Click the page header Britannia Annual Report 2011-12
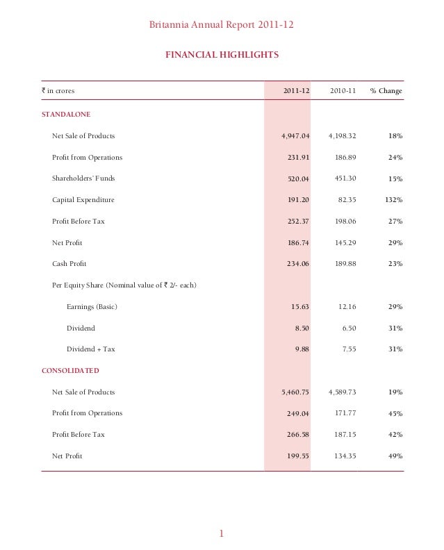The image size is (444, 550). click(222, 26)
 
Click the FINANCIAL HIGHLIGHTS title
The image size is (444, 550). click(222, 54)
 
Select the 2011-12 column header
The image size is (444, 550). click(297, 91)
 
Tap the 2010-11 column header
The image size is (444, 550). click(343, 91)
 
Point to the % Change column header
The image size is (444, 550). click(386, 91)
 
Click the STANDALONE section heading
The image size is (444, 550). click(66, 113)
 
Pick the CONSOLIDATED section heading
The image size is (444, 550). click(70, 371)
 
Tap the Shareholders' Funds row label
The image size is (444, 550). click(83, 178)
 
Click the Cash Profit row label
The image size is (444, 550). click(69, 264)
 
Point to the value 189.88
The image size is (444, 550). click(343, 264)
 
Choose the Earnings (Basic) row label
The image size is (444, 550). click(92, 307)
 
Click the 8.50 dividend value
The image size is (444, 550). click(302, 328)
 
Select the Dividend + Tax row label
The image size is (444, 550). click(91, 349)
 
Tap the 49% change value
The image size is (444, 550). click(395, 456)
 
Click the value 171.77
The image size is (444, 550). click(343, 414)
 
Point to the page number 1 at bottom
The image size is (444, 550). click(221, 533)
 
